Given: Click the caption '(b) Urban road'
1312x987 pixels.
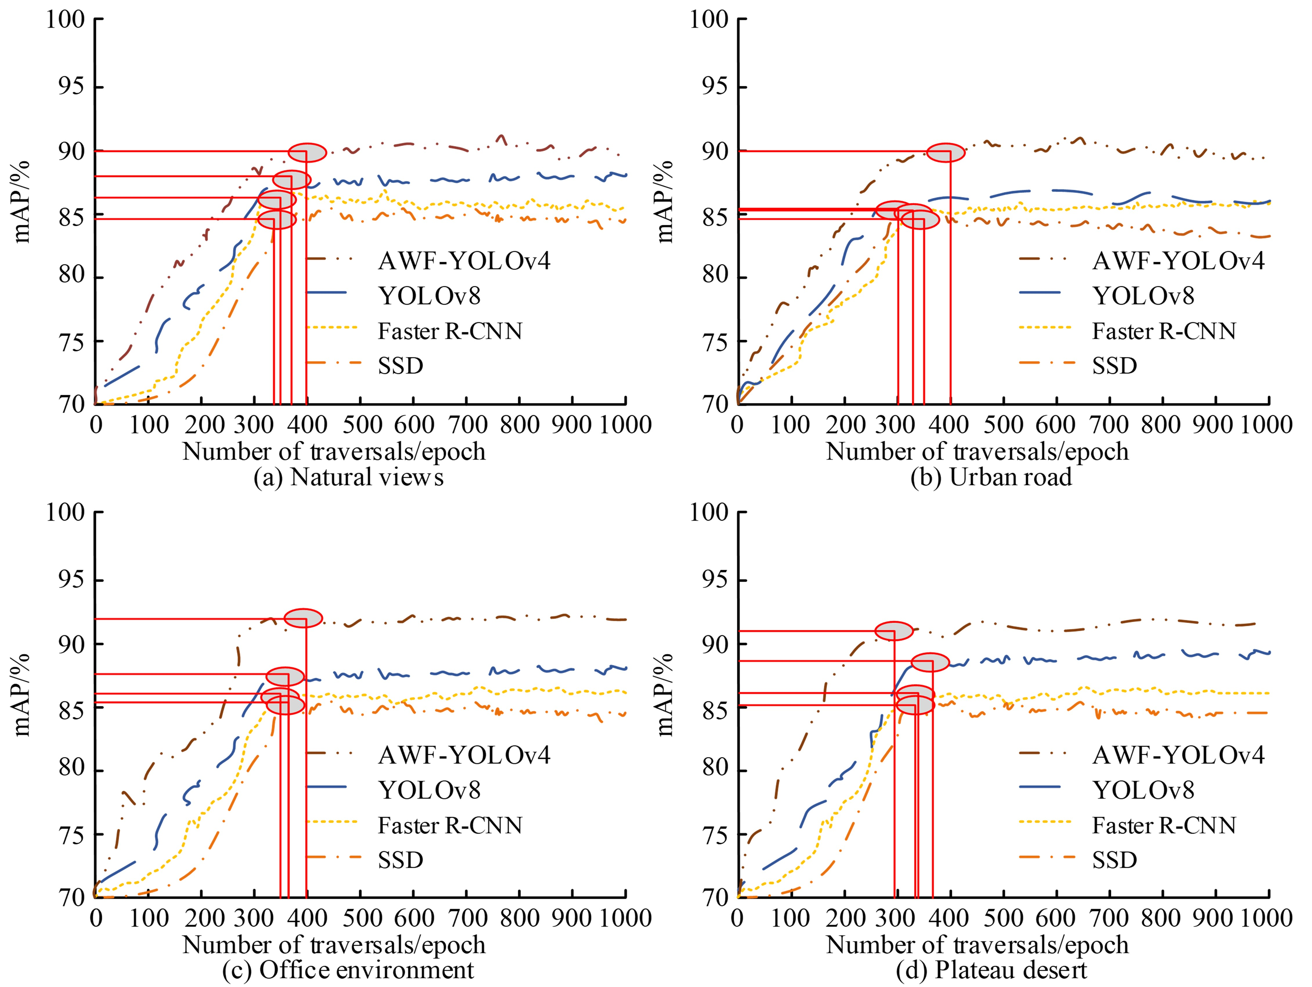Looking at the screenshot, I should coord(991,478).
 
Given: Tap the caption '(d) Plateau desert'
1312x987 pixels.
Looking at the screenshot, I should coord(991,970).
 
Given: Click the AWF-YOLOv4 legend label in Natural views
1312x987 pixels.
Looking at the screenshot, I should coord(464,261).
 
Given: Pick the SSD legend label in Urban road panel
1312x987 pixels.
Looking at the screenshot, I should coord(1115,366).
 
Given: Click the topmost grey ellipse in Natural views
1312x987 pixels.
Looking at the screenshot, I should coord(307,152).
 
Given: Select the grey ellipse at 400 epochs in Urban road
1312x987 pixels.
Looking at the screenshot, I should coord(946,152).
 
